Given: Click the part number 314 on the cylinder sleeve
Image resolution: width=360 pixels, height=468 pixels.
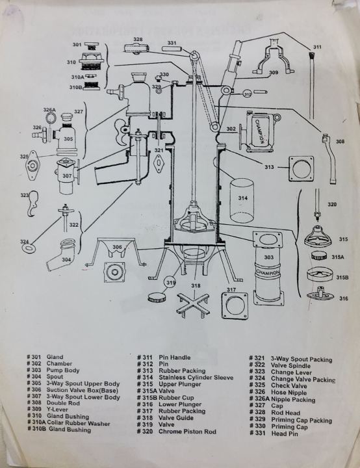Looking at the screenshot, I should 242,197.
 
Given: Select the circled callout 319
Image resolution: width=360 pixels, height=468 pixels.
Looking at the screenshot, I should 170,283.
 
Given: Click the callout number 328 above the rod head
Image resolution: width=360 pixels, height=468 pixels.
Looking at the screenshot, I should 138,40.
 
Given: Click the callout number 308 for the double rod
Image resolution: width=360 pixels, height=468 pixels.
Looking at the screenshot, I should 340,141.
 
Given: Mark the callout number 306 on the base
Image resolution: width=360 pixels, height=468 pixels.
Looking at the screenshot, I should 117,248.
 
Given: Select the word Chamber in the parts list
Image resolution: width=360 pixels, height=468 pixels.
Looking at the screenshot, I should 59,364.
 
